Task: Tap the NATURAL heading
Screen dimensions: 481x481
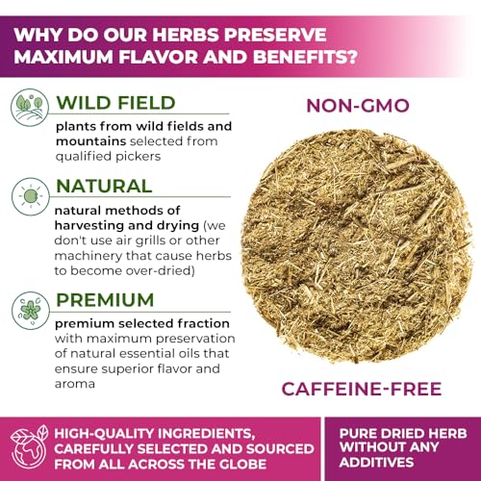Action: [104, 186]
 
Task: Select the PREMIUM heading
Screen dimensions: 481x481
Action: [107, 288]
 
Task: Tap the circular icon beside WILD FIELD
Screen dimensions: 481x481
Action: [26, 109]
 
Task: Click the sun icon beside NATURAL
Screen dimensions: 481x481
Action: [26, 194]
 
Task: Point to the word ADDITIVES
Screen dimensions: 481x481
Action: [404, 465]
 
